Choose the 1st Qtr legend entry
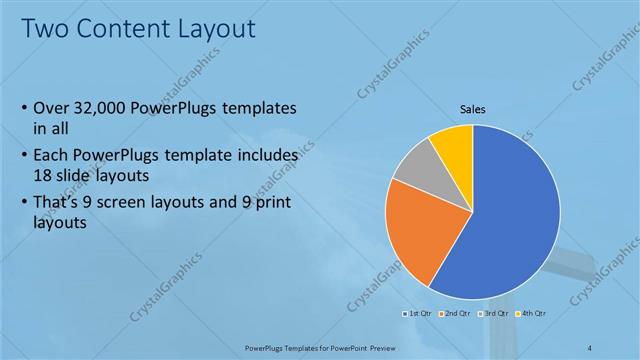coord(418,313)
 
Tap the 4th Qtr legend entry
coord(534,313)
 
